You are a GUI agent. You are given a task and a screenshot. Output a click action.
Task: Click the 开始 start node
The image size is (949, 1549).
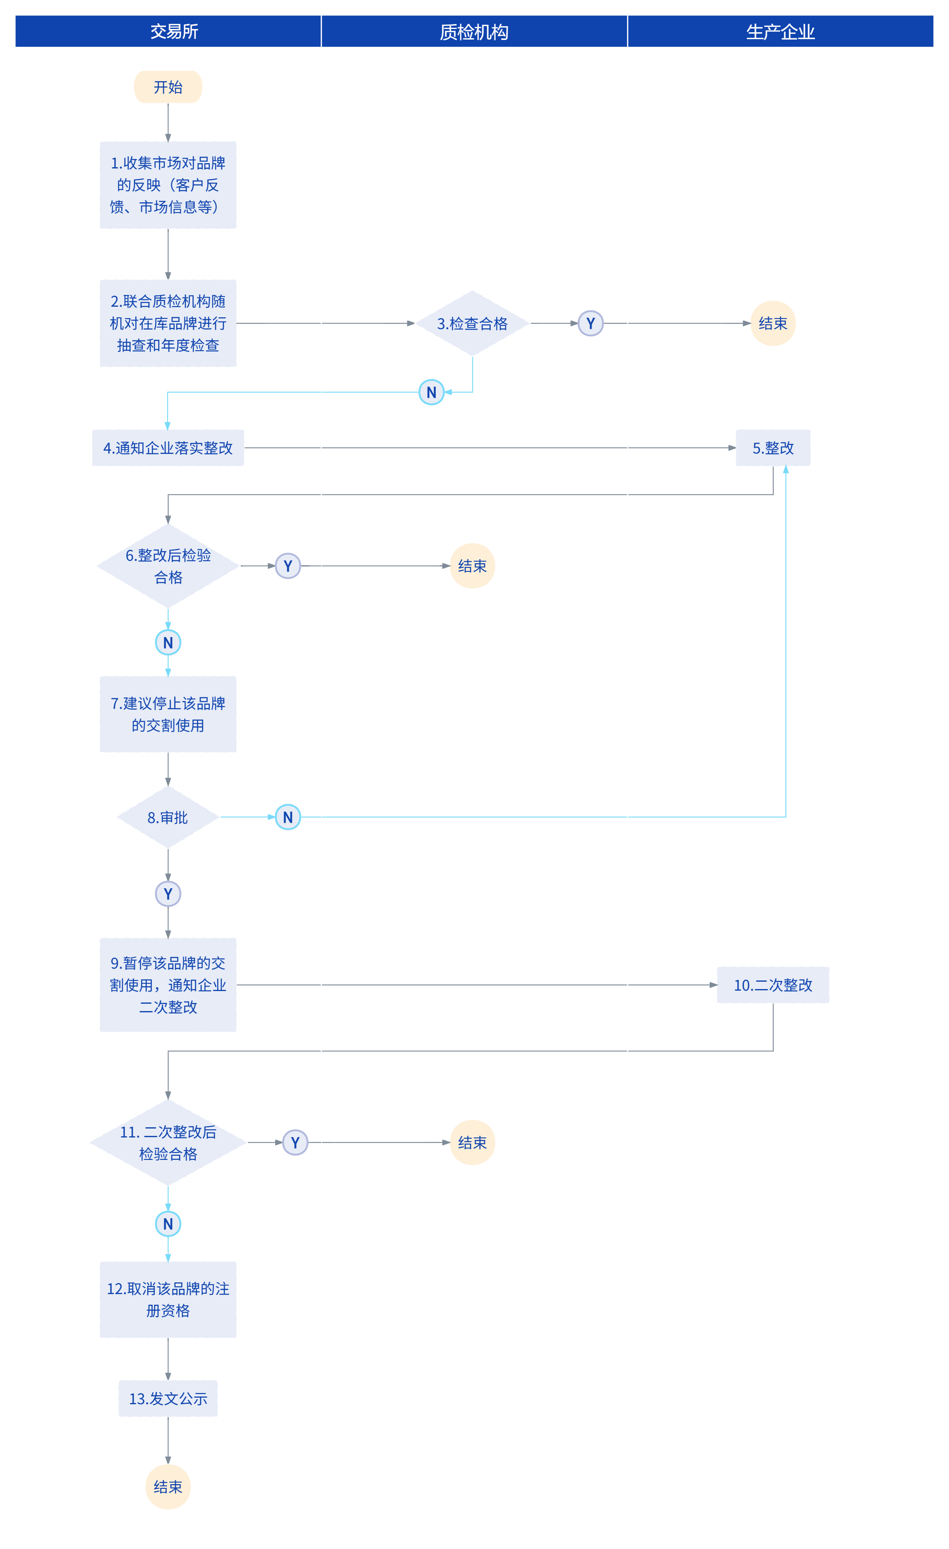tap(168, 87)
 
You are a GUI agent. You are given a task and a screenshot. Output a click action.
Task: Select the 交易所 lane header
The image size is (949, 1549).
tap(168, 31)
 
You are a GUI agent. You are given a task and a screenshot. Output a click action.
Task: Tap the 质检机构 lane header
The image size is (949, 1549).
tap(474, 31)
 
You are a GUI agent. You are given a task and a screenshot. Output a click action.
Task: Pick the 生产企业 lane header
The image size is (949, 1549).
tap(780, 31)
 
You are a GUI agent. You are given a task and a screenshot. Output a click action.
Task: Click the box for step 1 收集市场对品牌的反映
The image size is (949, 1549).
tap(168, 185)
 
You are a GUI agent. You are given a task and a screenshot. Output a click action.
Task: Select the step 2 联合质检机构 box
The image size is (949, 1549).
tap(168, 323)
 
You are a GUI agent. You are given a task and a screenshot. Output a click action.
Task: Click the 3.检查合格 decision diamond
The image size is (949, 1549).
tap(472, 323)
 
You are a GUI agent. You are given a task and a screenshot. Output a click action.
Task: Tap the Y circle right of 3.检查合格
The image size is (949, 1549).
tap(590, 323)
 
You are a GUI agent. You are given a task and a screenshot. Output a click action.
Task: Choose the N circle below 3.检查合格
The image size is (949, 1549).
tap(431, 392)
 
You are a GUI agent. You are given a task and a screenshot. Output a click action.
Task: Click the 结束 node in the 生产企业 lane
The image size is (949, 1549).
tap(773, 323)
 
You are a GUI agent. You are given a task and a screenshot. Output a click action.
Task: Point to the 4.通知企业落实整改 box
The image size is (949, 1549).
tap(168, 447)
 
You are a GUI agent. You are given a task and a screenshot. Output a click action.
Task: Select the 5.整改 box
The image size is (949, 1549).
tap(773, 447)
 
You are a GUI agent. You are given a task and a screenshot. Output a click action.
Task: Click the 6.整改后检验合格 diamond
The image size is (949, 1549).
tap(168, 566)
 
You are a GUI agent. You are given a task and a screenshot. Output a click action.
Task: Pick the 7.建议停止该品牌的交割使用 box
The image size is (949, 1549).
tap(168, 714)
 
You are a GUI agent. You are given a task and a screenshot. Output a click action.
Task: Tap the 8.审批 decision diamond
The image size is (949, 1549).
tap(168, 817)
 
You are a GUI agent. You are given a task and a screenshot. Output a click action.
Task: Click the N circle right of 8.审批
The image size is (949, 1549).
tap(288, 817)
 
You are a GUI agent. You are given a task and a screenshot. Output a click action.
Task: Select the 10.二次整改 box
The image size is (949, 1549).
tap(773, 985)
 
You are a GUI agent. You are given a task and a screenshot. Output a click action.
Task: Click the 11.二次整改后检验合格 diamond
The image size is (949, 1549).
tap(168, 1142)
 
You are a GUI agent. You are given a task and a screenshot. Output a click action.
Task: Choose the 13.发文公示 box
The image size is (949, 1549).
tap(168, 1399)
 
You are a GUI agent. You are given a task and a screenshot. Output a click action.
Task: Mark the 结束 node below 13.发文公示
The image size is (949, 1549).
tap(168, 1487)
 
